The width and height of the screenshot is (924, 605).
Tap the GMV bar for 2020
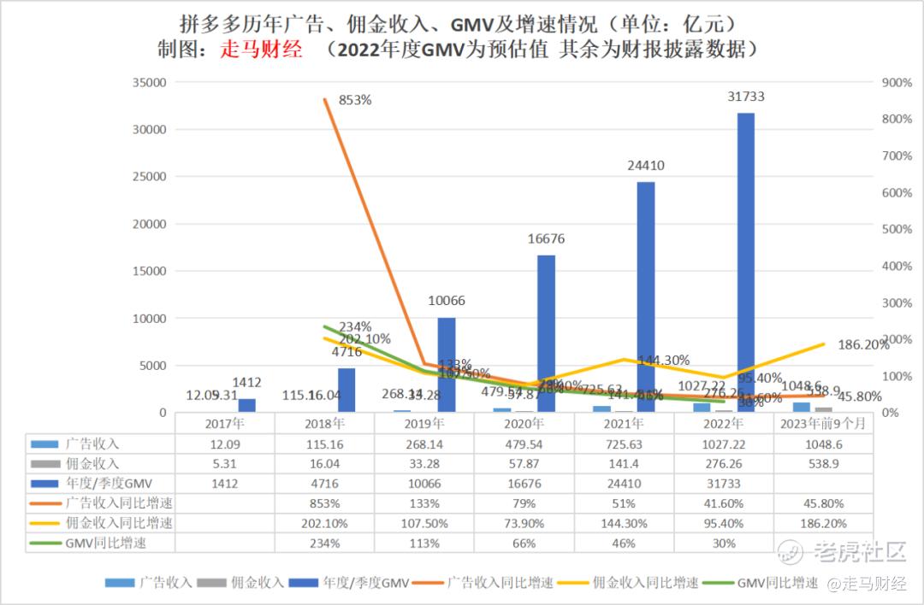pyautogui.click(x=547, y=333)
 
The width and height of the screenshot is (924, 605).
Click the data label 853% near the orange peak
pyautogui.click(x=355, y=100)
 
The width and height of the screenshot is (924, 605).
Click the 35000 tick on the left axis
pyautogui.click(x=147, y=83)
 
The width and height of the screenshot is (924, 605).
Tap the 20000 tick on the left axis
pyautogui.click(x=147, y=224)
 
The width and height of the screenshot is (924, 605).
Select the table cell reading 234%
pyautogui.click(x=325, y=543)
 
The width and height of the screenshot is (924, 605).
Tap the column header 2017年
pyautogui.click(x=225, y=423)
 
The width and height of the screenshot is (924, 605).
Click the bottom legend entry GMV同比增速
pyautogui.click(x=774, y=583)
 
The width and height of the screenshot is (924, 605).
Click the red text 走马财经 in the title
pyautogui.click(x=262, y=50)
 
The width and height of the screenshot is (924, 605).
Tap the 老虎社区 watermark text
pyautogui.click(x=859, y=552)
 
